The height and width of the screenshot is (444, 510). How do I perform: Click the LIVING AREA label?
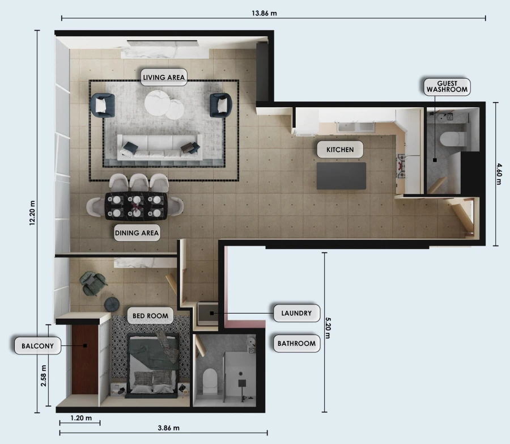pyautogui.click(x=164, y=78)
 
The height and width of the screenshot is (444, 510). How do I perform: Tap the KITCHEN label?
pyautogui.click(x=340, y=150)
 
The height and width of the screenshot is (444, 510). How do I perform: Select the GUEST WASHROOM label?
pyautogui.click(x=447, y=86)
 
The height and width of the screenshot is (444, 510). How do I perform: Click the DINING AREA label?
pyautogui.click(x=137, y=232)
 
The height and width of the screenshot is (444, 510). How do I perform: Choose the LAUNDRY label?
pyautogui.click(x=296, y=312)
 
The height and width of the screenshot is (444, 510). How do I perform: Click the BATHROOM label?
pyautogui.click(x=296, y=343)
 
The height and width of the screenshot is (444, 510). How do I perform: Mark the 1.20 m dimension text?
pyautogui.click(x=81, y=417)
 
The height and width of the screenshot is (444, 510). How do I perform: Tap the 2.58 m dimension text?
pyautogui.click(x=44, y=376)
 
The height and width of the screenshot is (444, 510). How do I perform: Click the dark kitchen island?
pyautogui.click(x=341, y=176)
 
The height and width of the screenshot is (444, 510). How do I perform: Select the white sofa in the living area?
pyautogui.click(x=159, y=146)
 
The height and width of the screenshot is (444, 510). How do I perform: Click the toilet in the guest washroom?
pyautogui.click(x=452, y=139)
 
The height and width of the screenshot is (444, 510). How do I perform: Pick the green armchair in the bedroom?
pyautogui.click(x=92, y=282)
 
